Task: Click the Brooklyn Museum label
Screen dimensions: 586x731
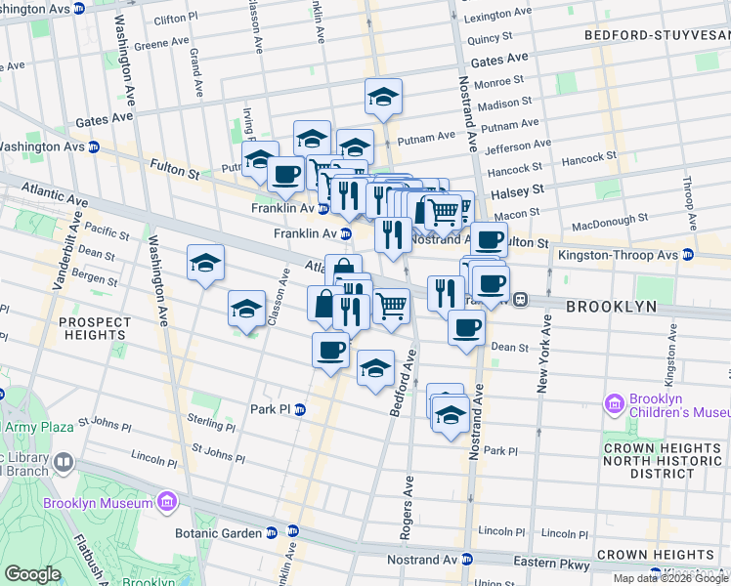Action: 99,503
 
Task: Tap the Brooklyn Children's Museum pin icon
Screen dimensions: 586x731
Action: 614,403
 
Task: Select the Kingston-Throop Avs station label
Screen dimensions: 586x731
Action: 618,255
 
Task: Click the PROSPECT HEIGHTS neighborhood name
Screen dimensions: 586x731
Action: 94,329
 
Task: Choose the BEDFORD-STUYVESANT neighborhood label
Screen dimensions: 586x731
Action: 657,35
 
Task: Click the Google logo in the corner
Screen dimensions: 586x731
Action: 31,574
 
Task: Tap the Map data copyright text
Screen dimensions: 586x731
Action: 670,578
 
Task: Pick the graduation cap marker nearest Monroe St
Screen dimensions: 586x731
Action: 384,97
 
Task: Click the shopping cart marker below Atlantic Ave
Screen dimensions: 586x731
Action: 391,307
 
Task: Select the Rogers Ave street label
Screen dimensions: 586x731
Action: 408,507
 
